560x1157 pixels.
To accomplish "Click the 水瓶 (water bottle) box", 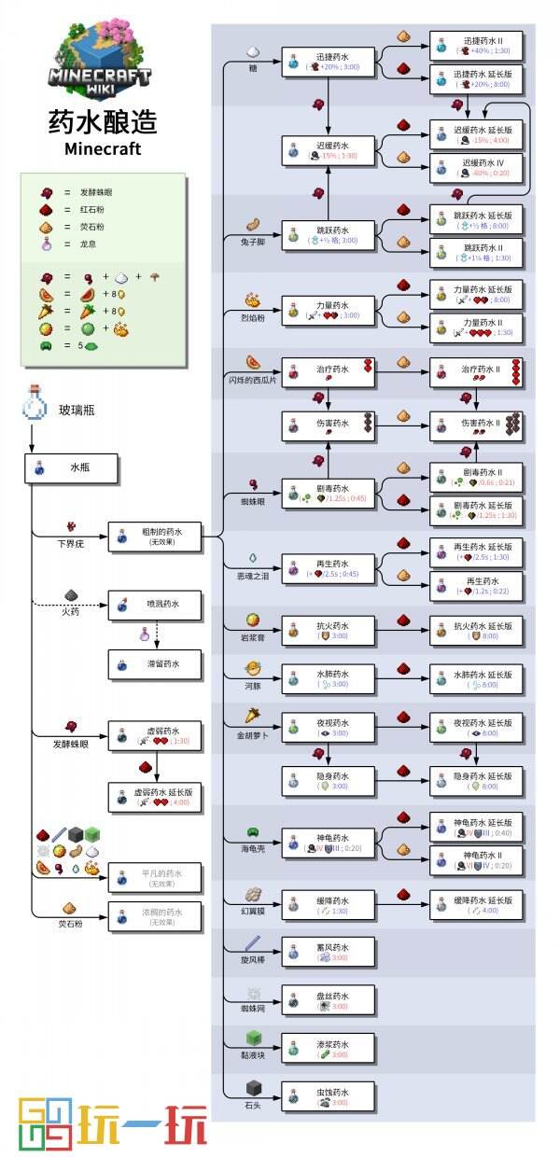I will point(71,468).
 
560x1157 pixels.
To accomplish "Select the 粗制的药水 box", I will point(154,536).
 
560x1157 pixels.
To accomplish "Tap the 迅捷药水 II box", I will point(477,46).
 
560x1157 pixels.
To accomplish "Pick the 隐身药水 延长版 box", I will point(477,781).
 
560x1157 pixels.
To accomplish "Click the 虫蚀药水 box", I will point(329,1096).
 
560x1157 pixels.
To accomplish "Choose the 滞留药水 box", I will point(154,664).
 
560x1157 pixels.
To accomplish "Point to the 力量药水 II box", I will point(477,327).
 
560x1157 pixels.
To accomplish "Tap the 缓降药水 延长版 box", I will point(477,905).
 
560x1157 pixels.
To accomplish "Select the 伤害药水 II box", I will point(477,426).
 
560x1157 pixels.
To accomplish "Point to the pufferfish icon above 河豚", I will point(253,669).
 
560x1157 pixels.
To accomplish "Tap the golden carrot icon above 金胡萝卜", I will point(253,716).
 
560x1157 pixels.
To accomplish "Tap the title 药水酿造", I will point(103,122).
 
